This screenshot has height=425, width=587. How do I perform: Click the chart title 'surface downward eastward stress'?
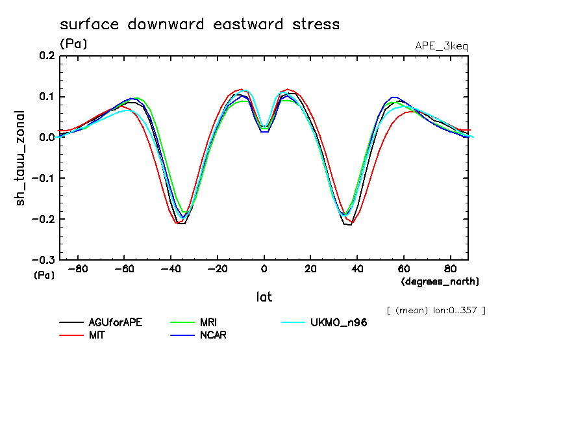(x=199, y=25)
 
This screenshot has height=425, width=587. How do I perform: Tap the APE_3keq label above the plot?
(x=441, y=46)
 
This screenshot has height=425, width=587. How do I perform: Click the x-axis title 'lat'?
(x=264, y=297)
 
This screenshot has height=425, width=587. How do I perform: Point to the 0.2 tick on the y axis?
(x=47, y=57)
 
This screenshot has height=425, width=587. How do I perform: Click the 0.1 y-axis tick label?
(x=47, y=97)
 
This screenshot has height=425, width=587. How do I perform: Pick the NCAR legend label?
(x=213, y=335)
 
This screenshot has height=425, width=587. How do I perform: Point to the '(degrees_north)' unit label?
(x=440, y=281)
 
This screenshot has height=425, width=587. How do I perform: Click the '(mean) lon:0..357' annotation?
(x=436, y=310)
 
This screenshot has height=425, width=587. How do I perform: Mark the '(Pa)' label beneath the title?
(x=73, y=44)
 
